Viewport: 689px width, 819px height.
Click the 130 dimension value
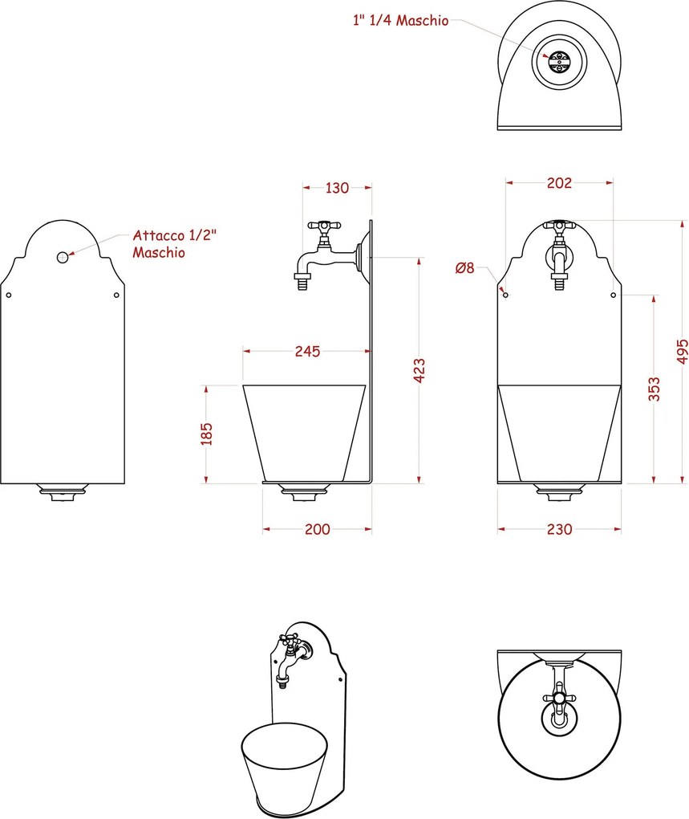337,188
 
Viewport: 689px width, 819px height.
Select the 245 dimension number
307,352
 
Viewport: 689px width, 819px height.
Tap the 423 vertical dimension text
419,370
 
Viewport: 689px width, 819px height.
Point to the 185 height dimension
207,434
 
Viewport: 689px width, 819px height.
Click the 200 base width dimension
317,530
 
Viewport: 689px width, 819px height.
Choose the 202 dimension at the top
559,183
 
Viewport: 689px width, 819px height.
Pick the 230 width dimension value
559,530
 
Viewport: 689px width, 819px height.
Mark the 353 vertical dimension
654,389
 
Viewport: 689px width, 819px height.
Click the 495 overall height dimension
683,352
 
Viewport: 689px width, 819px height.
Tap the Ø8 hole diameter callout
464,268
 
